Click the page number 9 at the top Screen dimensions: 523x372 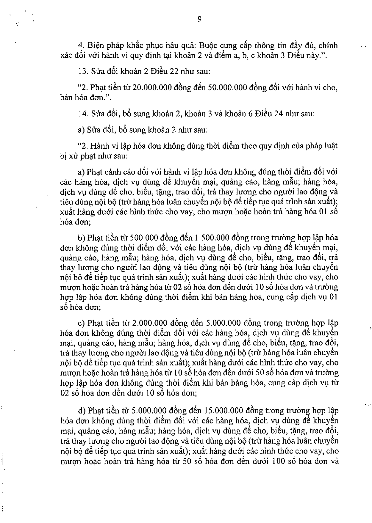pyautogui.click(x=199, y=19)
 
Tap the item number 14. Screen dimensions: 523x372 pyautogui.click(x=82, y=114)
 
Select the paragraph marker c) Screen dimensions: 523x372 pyautogui.click(x=81, y=323)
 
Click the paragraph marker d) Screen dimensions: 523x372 pyautogui.click(x=82, y=411)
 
